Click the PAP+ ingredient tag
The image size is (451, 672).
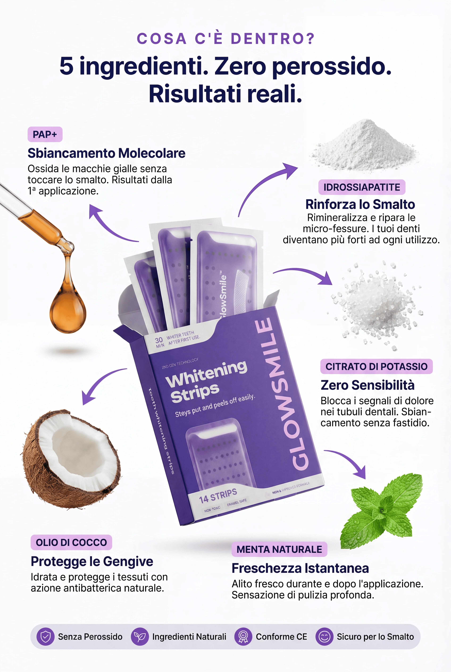coord(45,134)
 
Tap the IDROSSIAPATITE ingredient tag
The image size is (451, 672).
coord(362,187)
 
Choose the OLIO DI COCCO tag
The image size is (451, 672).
coord(71,542)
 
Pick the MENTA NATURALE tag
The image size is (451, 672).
coord(279,549)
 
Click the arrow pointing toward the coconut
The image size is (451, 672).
coord(99,381)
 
